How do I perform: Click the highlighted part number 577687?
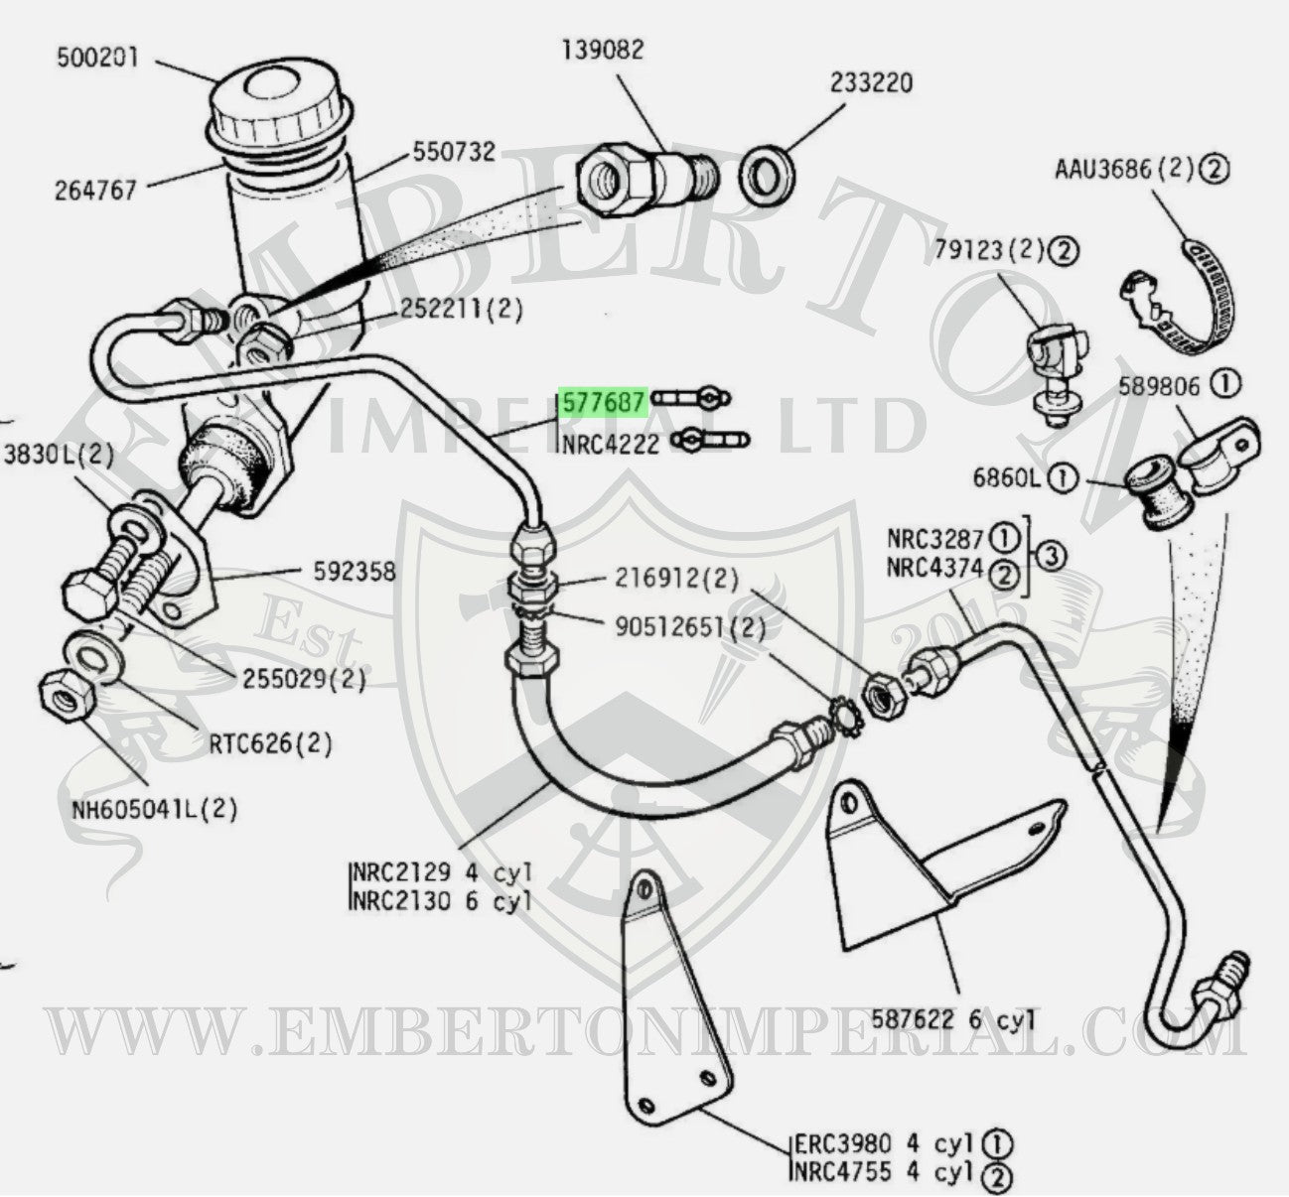(603, 401)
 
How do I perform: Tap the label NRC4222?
(610, 444)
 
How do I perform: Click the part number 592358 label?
(354, 572)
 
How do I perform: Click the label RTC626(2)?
(270, 743)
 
